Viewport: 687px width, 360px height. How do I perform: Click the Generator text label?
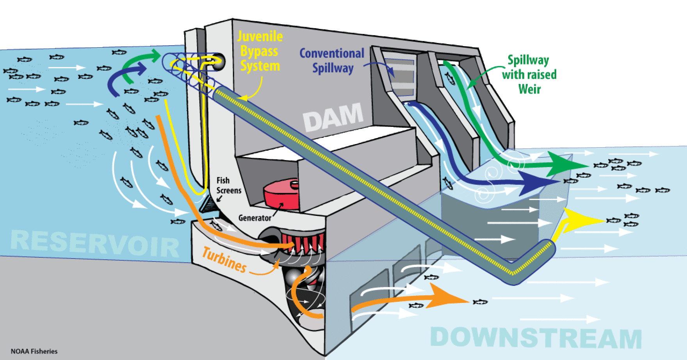tap(255, 218)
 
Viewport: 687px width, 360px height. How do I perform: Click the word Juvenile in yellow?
tap(260, 36)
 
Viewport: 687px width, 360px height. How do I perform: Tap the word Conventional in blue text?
tap(331, 53)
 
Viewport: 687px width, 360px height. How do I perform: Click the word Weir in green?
tap(529, 89)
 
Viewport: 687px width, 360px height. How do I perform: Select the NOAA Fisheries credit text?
tap(34, 351)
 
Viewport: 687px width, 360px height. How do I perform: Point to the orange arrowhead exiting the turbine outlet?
tap(449, 297)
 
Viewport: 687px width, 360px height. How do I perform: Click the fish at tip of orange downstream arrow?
tap(480, 302)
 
